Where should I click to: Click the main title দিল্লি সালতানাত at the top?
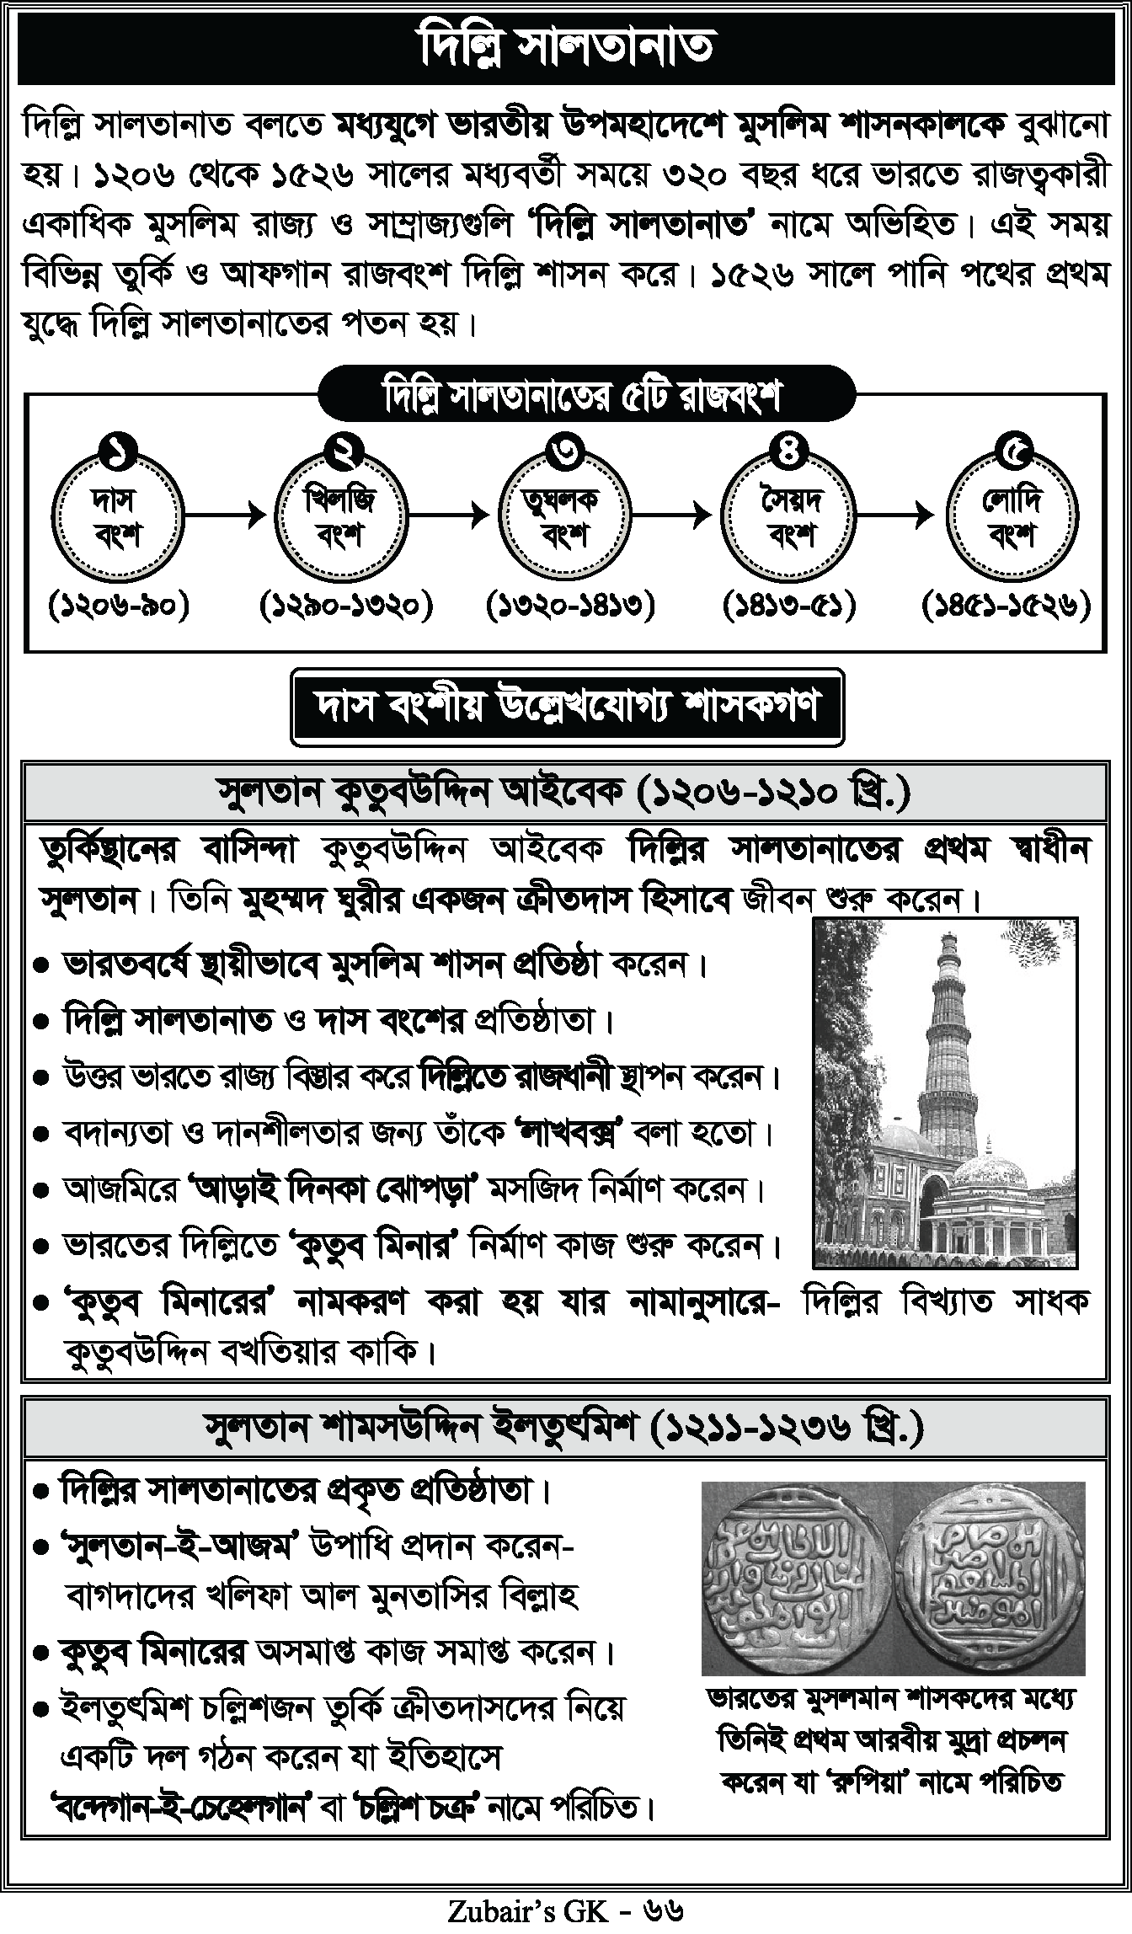click(x=566, y=47)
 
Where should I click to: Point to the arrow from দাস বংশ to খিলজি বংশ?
click(x=228, y=514)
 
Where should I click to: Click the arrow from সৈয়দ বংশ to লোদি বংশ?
click(x=900, y=514)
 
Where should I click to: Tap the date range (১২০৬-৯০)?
click(x=119, y=606)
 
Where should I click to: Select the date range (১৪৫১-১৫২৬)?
click(x=1007, y=606)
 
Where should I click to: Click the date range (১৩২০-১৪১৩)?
click(x=570, y=606)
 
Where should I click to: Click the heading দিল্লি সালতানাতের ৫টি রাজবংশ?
click(x=586, y=394)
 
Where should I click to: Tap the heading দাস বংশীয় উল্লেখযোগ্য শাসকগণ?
click(x=567, y=707)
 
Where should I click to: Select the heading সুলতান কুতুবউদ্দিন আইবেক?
click(x=564, y=792)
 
